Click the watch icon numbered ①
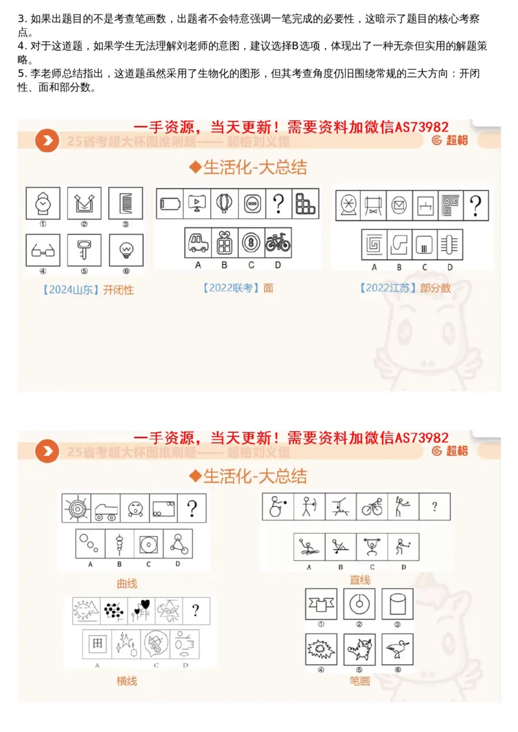click(x=43, y=203)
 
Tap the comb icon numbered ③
click(x=125, y=203)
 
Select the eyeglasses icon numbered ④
click(x=43, y=250)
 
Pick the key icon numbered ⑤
click(x=84, y=250)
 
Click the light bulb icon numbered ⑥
click(x=125, y=250)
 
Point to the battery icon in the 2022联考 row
click(x=170, y=204)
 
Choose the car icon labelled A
click(x=197, y=243)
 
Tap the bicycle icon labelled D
click(x=278, y=243)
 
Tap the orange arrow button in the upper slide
click(x=47, y=140)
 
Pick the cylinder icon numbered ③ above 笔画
click(x=397, y=604)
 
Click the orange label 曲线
click(x=127, y=583)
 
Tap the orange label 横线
click(x=127, y=680)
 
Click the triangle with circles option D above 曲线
click(x=179, y=543)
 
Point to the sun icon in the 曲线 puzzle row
click(x=76, y=508)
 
